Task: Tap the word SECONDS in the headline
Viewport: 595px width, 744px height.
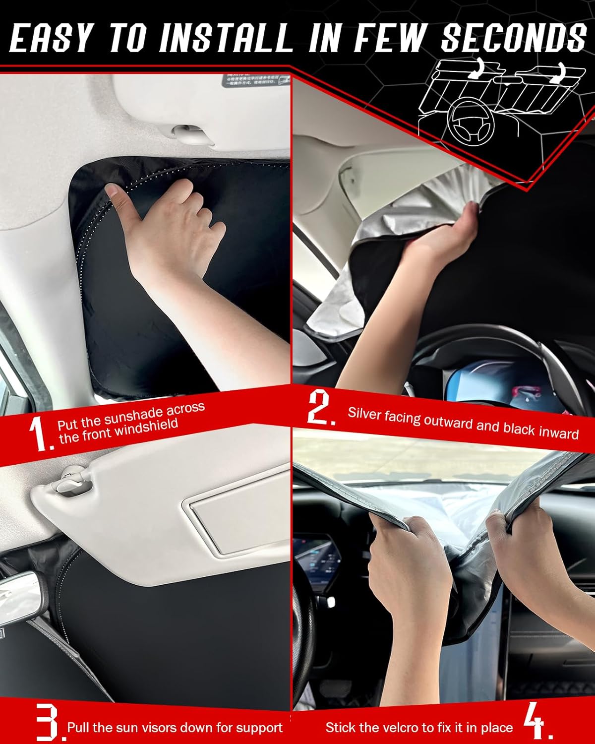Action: pyautogui.click(x=514, y=38)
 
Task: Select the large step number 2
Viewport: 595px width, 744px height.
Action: pyautogui.click(x=321, y=407)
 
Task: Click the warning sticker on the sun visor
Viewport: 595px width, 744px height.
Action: pyautogui.click(x=255, y=80)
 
